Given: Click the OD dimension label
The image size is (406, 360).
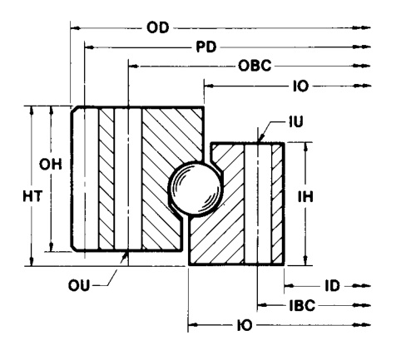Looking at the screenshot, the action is point(157,27).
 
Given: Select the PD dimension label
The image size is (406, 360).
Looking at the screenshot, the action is point(206,47).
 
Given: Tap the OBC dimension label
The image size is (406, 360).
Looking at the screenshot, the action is point(255,66).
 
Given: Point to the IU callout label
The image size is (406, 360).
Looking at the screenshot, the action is point(296,121).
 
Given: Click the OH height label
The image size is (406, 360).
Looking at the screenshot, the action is point(51,165).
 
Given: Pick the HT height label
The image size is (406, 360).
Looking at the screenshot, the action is point(32,196).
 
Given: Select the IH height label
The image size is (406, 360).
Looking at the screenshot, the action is point(305,196).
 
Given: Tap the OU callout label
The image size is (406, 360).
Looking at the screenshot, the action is point(79,285).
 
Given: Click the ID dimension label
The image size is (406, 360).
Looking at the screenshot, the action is point(332,286).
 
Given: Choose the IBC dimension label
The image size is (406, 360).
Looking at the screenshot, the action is point(302,305).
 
